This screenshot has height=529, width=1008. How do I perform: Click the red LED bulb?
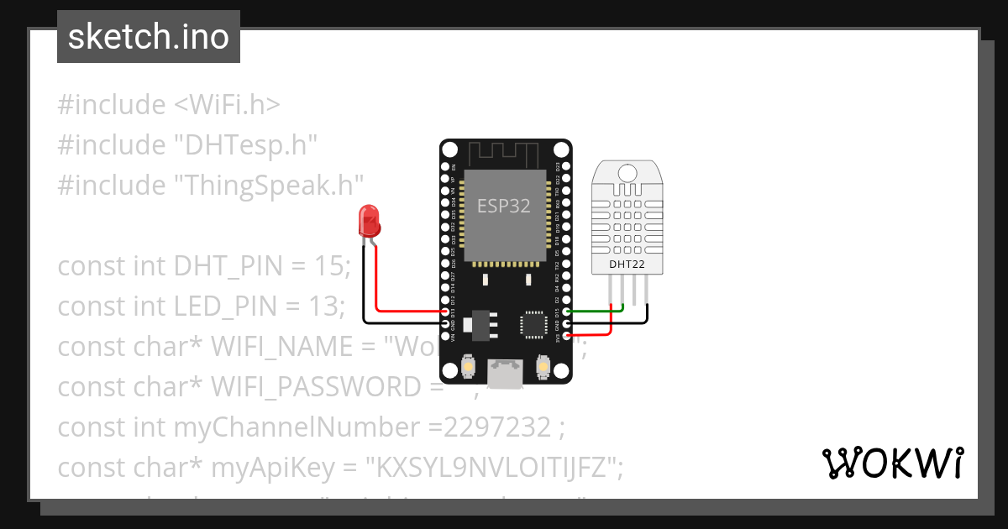(369, 220)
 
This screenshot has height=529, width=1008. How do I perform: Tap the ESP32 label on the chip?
(504, 206)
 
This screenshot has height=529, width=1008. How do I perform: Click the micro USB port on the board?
(506, 371)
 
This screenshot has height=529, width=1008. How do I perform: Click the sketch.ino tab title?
(149, 37)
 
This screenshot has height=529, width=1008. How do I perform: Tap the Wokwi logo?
(891, 464)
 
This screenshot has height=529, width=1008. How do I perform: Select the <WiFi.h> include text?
(227, 105)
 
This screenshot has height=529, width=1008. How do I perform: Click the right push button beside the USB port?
(543, 367)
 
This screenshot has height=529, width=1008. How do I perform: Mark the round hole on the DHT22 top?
(626, 172)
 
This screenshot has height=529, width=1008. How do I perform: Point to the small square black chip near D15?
(533, 325)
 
